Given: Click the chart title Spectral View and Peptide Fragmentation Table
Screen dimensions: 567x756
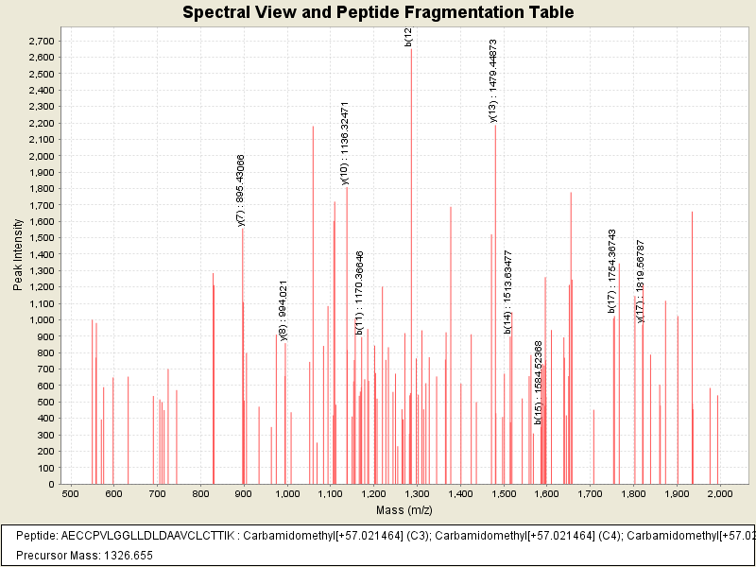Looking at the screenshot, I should (378, 13).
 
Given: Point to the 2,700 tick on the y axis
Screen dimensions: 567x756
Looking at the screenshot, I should (40, 42).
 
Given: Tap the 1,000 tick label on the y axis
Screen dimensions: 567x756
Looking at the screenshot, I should (40, 320).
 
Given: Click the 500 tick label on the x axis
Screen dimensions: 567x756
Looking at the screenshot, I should (70, 493).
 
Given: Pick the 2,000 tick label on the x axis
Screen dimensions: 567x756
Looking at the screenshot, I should (720, 493).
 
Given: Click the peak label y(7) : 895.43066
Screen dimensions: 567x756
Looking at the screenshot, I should (241, 190).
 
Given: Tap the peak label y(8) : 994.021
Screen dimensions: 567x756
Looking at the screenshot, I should (284, 310).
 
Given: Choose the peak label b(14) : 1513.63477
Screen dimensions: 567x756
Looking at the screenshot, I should (508, 292).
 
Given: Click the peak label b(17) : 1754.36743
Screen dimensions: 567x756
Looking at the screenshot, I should (612, 270).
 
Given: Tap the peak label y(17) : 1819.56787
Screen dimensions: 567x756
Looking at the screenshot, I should (641, 282).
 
